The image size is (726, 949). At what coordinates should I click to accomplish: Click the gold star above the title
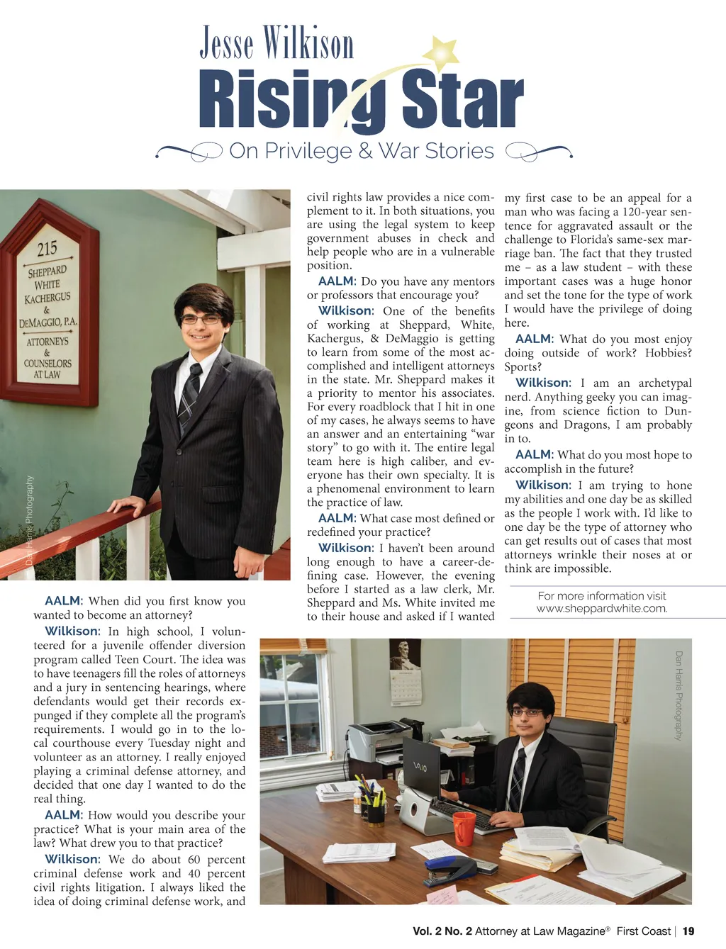445,53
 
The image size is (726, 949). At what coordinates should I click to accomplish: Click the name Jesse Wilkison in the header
277,43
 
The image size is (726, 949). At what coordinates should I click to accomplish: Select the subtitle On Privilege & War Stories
362,151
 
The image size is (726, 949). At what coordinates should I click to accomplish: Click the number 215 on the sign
47,248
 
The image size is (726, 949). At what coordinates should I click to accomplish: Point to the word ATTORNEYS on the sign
48,342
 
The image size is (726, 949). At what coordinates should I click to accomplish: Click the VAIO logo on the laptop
420,768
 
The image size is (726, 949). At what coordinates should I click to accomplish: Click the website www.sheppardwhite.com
602,608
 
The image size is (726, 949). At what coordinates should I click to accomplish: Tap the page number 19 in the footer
688,931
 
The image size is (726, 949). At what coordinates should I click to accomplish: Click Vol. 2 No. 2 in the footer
442,931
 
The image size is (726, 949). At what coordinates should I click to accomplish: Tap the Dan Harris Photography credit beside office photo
678,695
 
